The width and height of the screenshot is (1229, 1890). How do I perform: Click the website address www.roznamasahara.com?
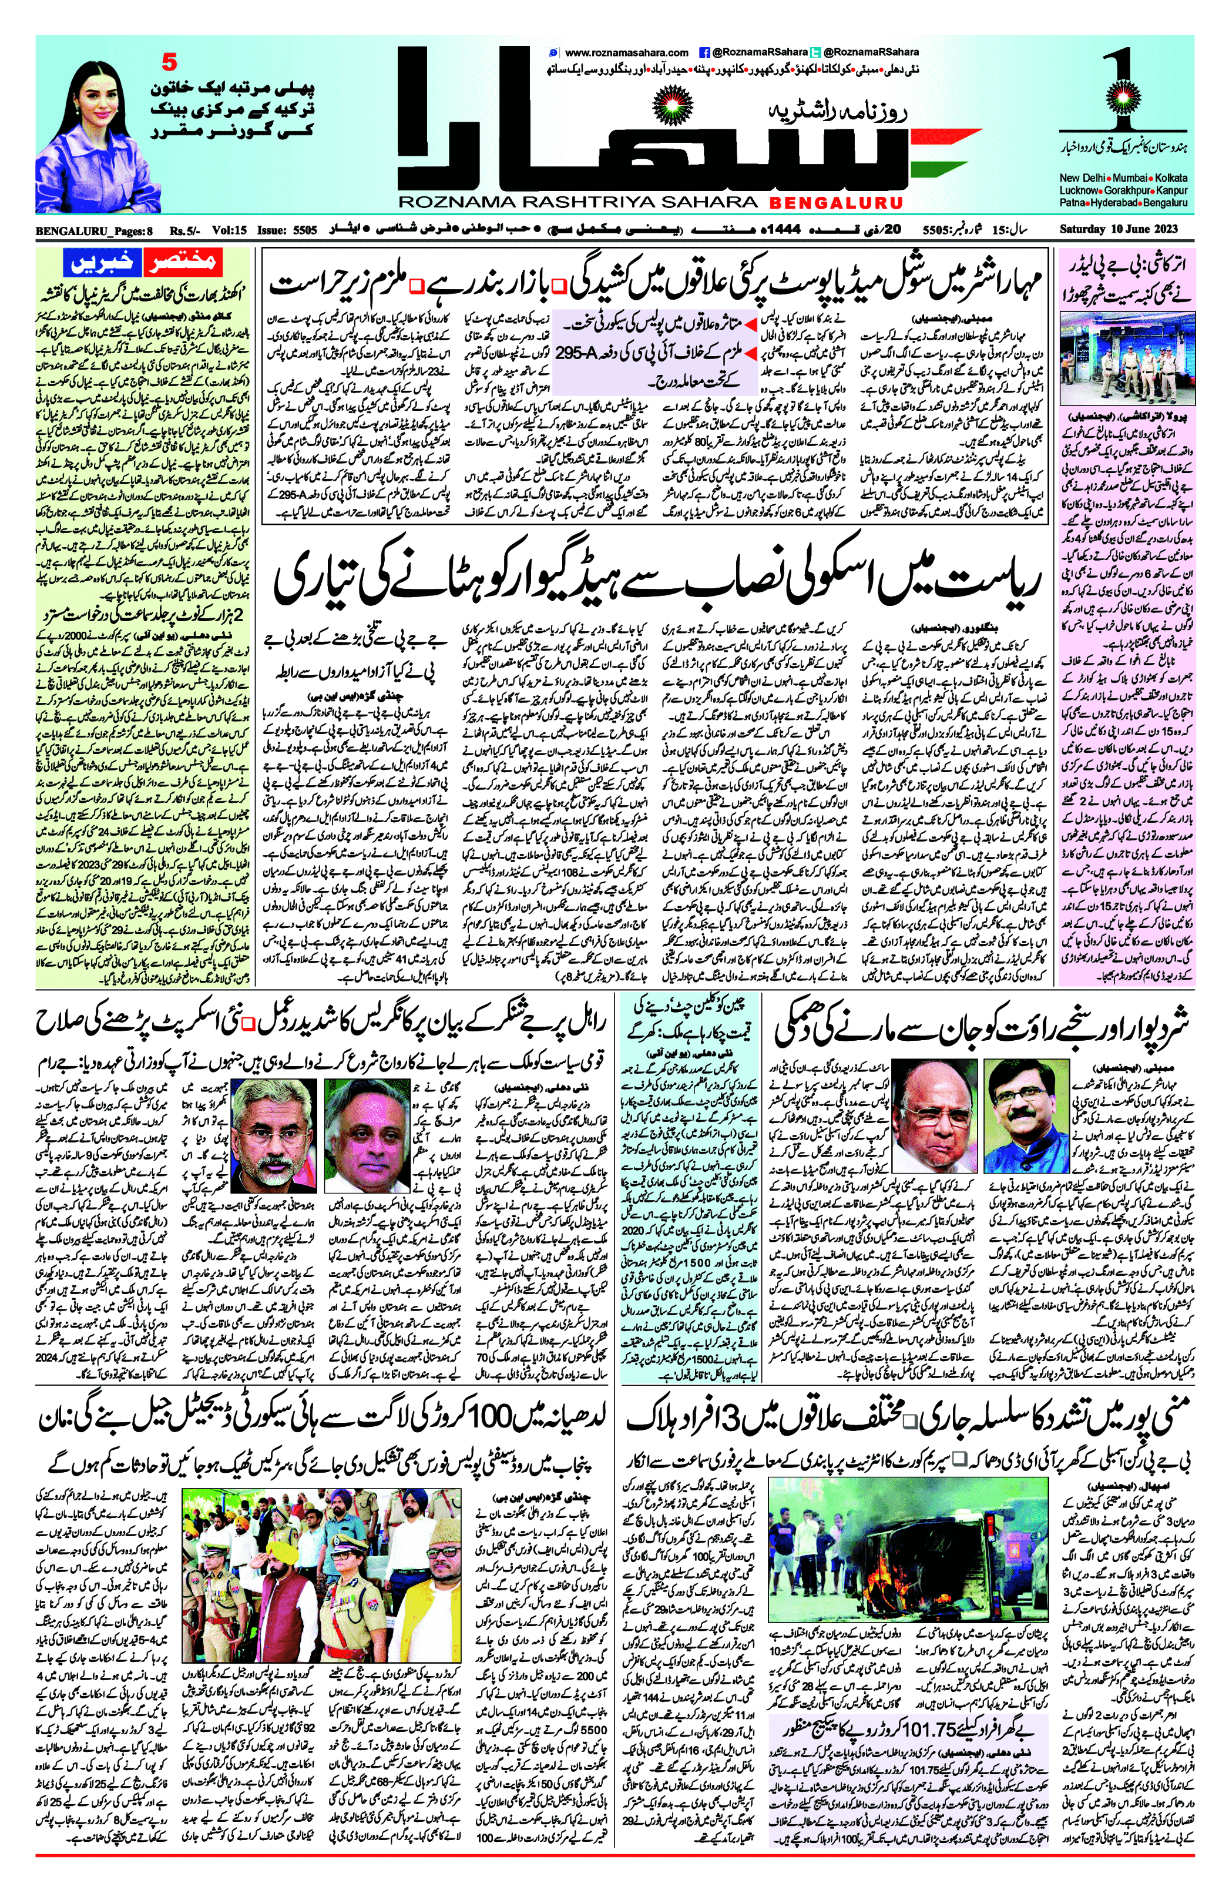627,52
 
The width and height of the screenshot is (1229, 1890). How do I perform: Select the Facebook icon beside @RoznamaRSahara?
703,52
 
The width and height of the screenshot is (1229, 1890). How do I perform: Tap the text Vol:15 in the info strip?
229,231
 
